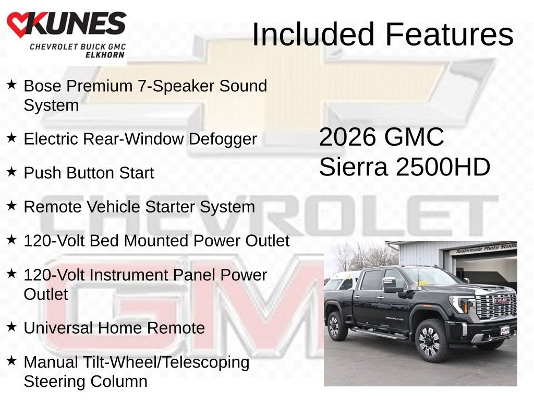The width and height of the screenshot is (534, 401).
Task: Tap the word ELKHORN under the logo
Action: (105, 55)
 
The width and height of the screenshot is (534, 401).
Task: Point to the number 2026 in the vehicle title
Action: (348, 137)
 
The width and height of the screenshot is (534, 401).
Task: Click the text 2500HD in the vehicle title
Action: (443, 167)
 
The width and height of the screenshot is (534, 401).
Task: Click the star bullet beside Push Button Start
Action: (11, 171)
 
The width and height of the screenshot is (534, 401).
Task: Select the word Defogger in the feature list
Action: (223, 139)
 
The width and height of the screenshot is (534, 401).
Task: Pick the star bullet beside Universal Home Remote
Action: (11, 327)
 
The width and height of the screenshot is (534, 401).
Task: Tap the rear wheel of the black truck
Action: (335, 326)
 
